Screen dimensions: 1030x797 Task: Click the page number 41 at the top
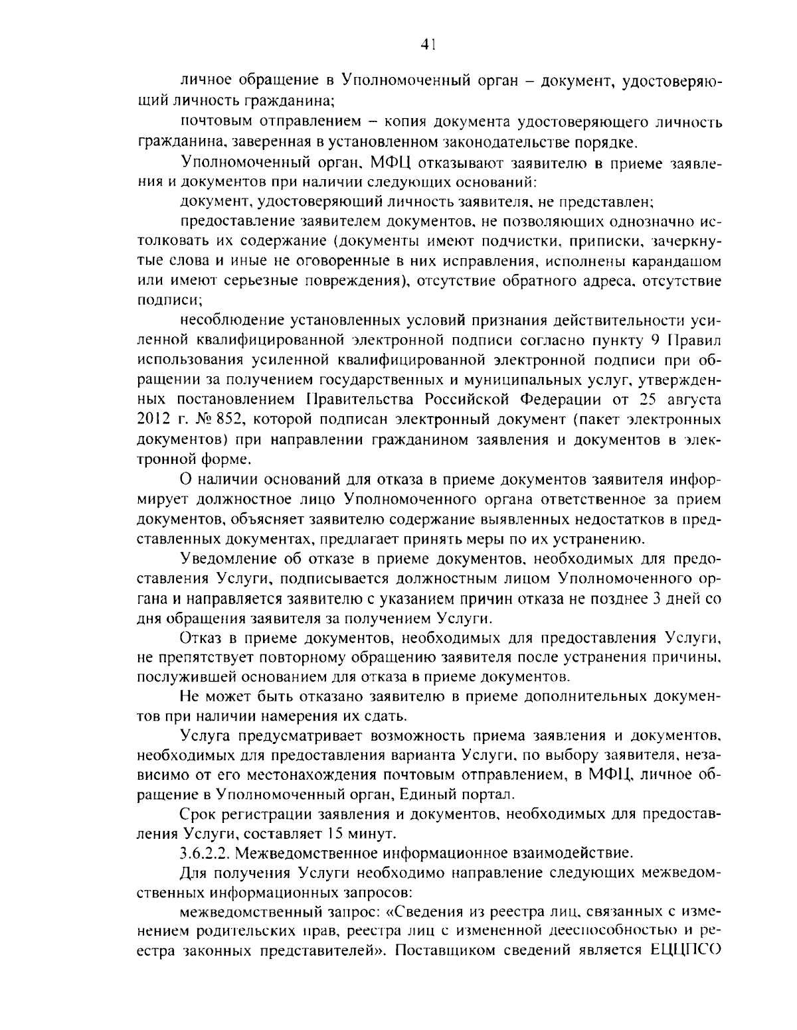(x=428, y=44)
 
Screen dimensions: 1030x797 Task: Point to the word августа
(x=691, y=400)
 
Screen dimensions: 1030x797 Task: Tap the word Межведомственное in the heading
(x=300, y=851)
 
